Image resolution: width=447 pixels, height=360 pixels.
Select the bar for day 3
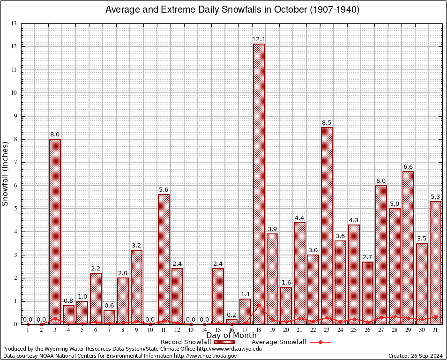point(55,230)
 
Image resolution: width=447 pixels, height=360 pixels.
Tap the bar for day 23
point(327,225)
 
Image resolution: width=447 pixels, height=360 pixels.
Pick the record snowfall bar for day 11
point(164,258)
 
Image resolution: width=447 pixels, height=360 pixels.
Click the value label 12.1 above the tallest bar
point(259,38)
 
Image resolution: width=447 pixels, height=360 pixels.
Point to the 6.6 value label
point(408,166)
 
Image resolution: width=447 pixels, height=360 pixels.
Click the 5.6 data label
point(164,189)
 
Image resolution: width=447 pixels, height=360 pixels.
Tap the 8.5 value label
point(327,122)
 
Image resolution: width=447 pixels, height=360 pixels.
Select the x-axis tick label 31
point(435,330)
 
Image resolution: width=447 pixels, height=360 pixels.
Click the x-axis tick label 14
point(204,330)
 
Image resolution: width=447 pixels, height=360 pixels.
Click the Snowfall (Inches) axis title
point(6,173)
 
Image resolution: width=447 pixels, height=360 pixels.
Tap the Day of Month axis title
point(231,335)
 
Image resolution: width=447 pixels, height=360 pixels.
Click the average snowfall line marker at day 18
point(259,306)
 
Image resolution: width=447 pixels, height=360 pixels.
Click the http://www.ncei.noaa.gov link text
point(205,356)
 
